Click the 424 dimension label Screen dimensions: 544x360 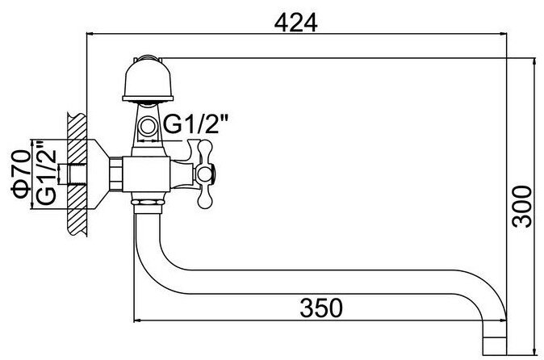tap(295, 23)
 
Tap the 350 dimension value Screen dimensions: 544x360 tap(321, 308)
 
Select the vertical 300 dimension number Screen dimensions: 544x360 tap(522, 207)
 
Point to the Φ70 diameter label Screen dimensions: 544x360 tap(21, 174)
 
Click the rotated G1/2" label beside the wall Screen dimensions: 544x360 tap(47, 172)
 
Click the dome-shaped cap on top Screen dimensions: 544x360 tap(148, 79)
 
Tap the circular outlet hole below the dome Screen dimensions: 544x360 tap(149, 126)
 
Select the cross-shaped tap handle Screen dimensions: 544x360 tap(204, 174)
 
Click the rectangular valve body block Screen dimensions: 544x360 tap(146, 174)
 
